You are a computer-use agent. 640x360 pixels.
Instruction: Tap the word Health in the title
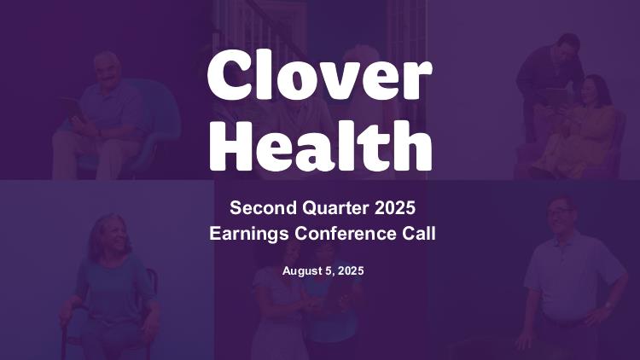point(320,146)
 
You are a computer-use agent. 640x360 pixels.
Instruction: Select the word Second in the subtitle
point(264,208)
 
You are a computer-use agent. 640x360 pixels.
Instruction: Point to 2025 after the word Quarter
point(395,208)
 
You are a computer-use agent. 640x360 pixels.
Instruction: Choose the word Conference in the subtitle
point(346,234)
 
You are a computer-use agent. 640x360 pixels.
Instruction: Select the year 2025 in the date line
point(351,270)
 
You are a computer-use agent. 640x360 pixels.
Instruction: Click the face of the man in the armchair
point(107,70)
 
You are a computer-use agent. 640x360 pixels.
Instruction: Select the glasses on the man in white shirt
point(560,211)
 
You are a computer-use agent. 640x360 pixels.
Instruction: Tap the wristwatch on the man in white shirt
point(608,305)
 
